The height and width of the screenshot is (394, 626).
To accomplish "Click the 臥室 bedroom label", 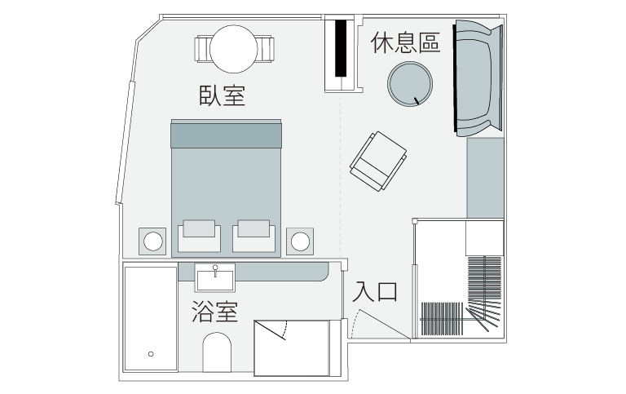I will click(222, 95).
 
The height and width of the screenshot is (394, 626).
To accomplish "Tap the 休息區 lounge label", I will click(405, 43).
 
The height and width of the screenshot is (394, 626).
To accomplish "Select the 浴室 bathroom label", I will click(215, 312).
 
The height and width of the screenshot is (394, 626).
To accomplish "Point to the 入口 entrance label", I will click(376, 291).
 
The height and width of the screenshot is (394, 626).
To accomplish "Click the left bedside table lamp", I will click(152, 241).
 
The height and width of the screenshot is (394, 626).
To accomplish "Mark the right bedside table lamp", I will click(301, 241).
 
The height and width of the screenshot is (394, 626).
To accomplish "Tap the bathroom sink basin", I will click(215, 278).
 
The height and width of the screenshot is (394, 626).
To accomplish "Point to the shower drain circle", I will click(152, 354).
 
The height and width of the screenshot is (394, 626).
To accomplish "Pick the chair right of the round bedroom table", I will click(266, 49).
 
